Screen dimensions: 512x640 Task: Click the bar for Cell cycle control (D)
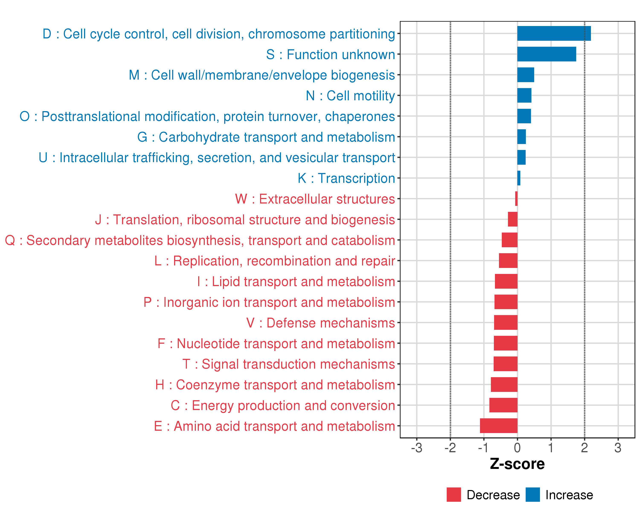[554, 33]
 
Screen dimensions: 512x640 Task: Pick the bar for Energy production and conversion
[503, 405]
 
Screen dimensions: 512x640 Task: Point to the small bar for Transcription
[519, 178]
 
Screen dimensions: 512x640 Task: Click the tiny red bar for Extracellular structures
[516, 199]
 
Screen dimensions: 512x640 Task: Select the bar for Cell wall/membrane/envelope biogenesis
[525, 75]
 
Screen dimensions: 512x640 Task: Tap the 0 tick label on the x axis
[517, 448]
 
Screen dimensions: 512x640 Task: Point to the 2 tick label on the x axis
[584, 448]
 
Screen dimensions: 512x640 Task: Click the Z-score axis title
[517, 464]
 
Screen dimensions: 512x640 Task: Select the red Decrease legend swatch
[454, 495]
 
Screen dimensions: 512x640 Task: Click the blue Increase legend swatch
[532, 495]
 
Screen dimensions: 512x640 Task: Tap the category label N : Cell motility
[350, 96]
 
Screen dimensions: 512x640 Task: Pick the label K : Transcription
[346, 178]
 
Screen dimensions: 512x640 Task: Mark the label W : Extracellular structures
[315, 199]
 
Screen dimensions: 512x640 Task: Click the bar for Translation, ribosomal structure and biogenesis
[512, 219]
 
